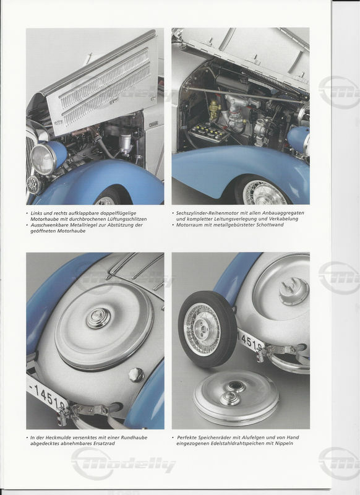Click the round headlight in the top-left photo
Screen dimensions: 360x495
(x=44, y=159)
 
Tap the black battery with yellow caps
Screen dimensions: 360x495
(x=208, y=132)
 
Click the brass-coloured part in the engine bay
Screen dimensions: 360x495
(x=215, y=110)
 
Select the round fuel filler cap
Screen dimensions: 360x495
(x=137, y=375)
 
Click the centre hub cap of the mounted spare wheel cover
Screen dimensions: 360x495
(x=98, y=318)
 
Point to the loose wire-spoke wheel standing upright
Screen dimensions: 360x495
(x=207, y=329)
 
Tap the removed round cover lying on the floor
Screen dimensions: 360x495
(x=236, y=398)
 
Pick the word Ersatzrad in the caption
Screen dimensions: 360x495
(x=105, y=443)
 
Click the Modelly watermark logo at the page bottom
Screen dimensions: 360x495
(x=123, y=464)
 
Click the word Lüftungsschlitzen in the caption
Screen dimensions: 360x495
(x=126, y=219)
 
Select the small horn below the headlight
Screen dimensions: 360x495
(x=33, y=184)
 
